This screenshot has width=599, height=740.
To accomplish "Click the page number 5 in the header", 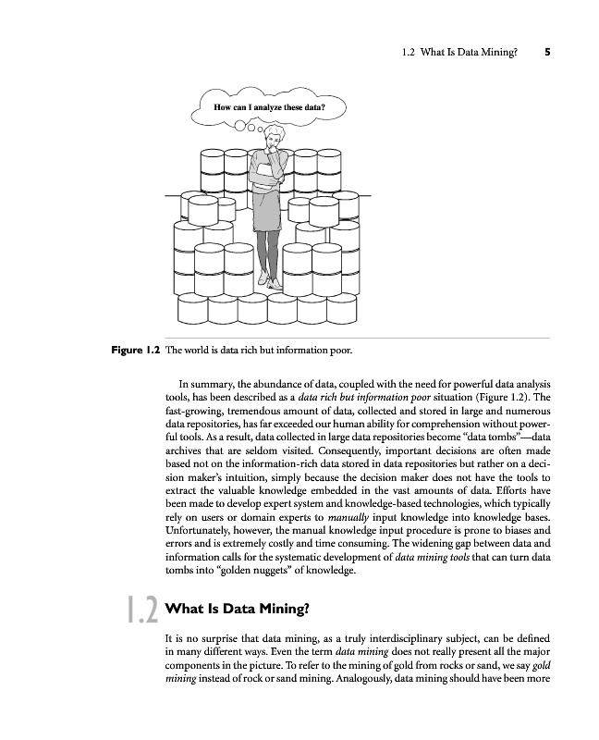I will coord(548,53).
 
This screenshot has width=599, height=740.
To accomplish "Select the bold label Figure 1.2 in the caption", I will coord(135,351).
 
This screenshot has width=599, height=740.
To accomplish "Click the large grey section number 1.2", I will coord(141,610).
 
